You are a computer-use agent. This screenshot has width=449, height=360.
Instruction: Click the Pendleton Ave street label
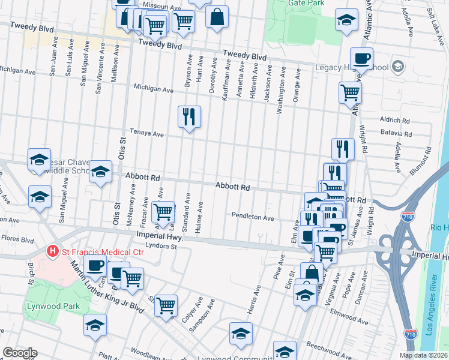[x=252, y=217]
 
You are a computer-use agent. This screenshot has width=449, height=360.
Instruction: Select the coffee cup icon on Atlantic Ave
[x=361, y=59]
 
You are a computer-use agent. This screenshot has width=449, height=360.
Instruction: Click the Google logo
[x=20, y=353]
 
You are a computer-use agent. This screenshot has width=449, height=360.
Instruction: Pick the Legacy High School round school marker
[x=397, y=67]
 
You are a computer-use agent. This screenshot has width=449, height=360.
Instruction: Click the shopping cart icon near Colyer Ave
[x=166, y=304]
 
